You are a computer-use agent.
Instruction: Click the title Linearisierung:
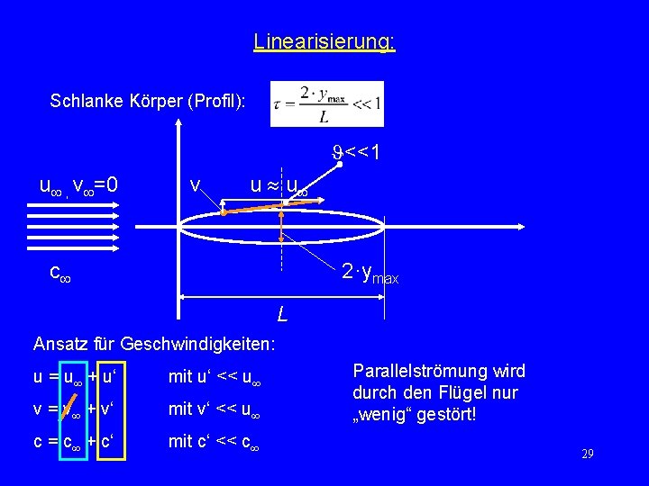point(324,41)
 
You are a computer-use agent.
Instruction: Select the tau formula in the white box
point(326,104)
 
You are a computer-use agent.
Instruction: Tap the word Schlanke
point(82,100)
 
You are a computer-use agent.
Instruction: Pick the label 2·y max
point(369,273)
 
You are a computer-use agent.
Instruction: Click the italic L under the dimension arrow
point(282,315)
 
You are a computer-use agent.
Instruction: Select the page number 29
point(588,454)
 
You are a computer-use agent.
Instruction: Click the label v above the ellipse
point(195,185)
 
